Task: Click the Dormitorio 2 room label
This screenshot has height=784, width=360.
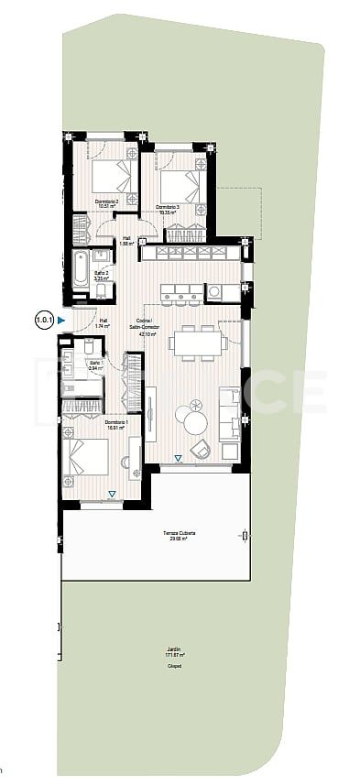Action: click(107, 201)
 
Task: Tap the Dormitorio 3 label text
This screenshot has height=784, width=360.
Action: click(168, 208)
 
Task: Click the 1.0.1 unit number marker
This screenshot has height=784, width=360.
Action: click(42, 319)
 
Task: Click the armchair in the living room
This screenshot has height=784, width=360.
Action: click(201, 448)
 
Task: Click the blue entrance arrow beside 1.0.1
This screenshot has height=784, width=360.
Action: click(61, 320)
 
